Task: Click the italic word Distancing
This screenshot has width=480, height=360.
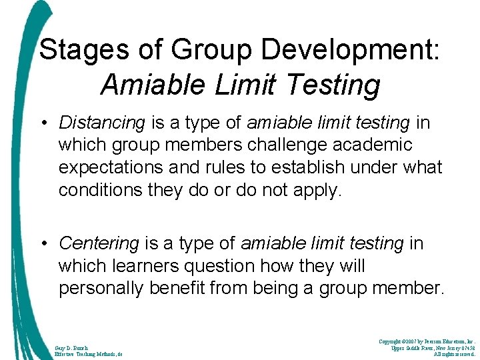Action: click(x=101, y=123)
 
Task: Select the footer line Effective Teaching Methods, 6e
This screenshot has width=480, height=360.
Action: click(x=89, y=354)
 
